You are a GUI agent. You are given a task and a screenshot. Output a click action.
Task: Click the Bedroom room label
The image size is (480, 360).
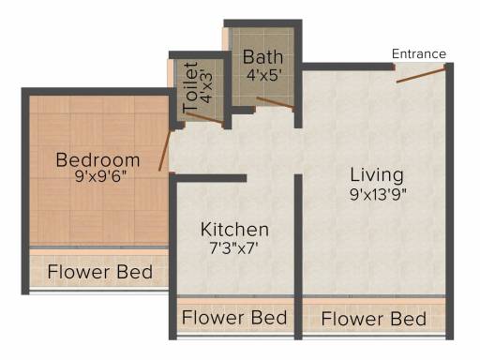click(x=97, y=160)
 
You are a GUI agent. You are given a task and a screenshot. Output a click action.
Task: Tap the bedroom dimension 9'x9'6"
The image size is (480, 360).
click(x=100, y=177)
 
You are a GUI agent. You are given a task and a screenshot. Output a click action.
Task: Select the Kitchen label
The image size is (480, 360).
click(x=234, y=230)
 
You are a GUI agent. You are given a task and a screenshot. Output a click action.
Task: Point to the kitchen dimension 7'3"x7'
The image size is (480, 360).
click(x=233, y=248)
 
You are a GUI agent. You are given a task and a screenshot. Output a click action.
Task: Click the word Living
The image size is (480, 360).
click(x=377, y=175)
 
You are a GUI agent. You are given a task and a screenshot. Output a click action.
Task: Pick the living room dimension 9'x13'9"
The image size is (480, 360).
click(x=378, y=194)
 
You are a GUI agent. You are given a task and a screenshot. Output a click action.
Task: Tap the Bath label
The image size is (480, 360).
click(x=262, y=57)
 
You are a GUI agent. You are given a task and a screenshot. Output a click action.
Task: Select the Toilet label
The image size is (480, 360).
click(x=190, y=87)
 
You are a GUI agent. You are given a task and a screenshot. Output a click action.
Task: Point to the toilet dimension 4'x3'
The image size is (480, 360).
click(x=206, y=88)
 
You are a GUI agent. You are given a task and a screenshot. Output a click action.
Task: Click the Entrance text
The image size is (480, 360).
click(x=419, y=54)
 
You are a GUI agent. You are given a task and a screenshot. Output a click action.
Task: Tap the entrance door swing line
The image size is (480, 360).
click(x=421, y=75)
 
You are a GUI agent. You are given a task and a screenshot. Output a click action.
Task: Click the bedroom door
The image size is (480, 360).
click(x=165, y=150)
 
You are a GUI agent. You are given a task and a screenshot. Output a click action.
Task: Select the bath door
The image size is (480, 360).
click(x=275, y=103)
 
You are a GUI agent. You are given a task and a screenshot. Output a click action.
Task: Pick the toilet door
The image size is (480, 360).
click(x=204, y=117)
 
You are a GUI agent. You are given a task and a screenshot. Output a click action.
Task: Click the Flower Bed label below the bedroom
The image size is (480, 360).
click(x=100, y=272)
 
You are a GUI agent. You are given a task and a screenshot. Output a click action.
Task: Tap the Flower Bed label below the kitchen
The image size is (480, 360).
click(x=234, y=318)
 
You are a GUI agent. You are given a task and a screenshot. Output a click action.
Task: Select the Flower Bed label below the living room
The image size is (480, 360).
click(x=374, y=319)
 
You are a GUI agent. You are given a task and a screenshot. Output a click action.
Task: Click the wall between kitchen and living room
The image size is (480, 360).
click(x=298, y=257)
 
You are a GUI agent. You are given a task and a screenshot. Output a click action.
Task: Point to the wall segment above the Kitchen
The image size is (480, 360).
click(x=208, y=178)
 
